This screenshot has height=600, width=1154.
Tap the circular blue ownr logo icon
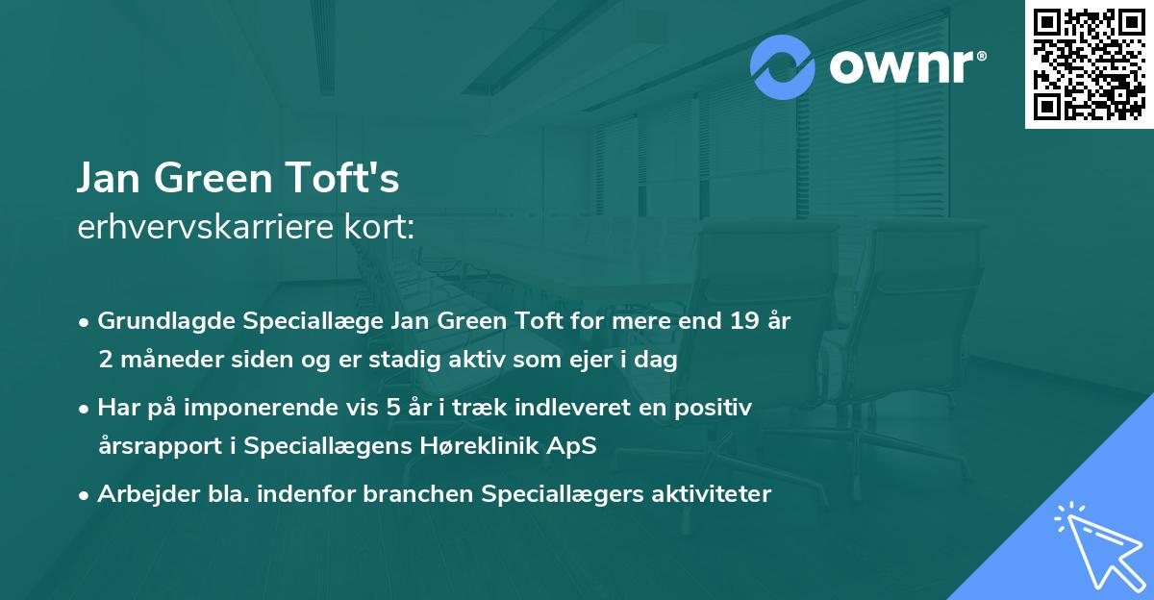784,67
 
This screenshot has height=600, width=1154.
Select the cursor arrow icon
1096,544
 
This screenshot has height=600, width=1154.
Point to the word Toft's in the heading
346,179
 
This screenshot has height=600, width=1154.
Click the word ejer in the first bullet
567,360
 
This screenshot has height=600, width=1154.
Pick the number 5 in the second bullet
392,408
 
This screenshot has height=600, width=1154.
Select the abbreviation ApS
578,446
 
